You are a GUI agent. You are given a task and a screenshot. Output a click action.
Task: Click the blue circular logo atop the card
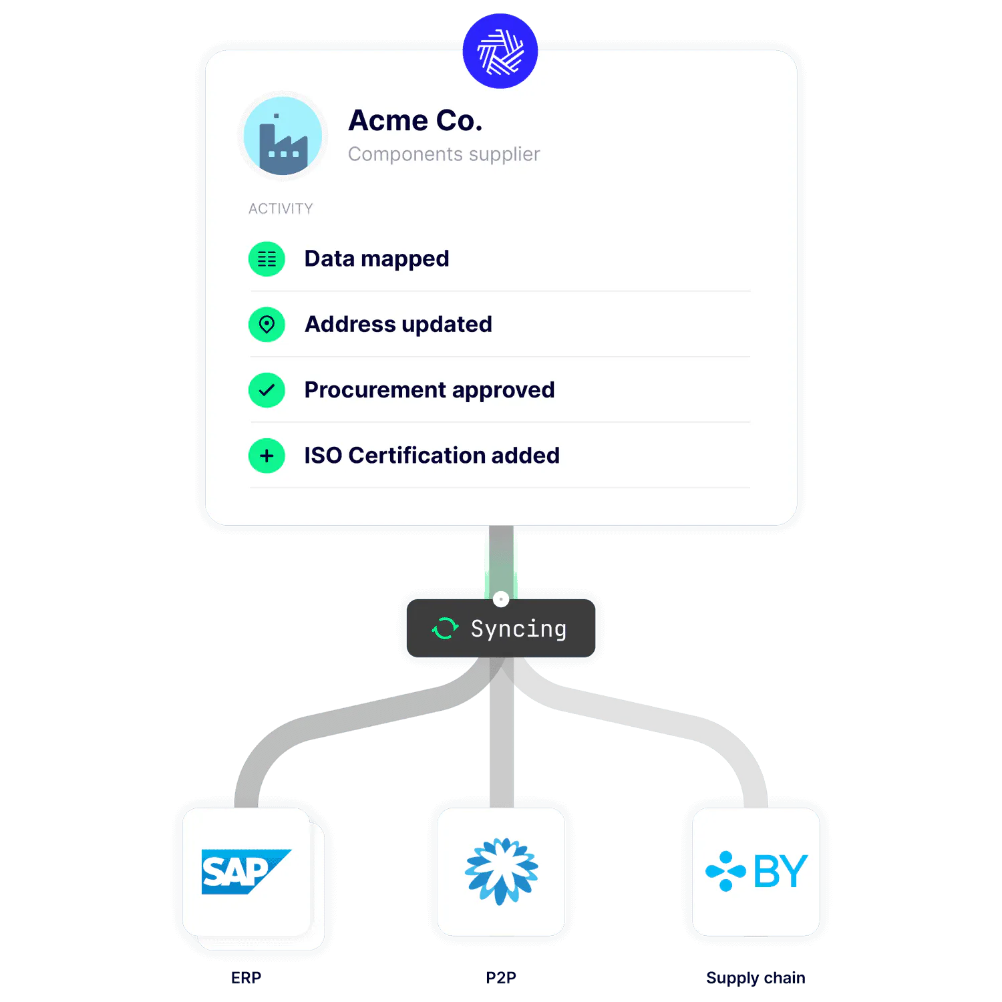pyautogui.click(x=500, y=51)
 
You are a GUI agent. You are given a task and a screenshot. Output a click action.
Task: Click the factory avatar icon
pyautogui.click(x=283, y=136)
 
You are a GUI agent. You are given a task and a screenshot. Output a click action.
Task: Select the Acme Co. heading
pyautogui.click(x=415, y=121)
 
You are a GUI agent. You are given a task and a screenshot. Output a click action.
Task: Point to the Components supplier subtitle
pyautogui.click(x=444, y=154)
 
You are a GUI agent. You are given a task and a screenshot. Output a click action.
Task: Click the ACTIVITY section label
pyautogui.click(x=281, y=209)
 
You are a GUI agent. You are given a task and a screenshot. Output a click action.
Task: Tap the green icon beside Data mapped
pyautogui.click(x=267, y=259)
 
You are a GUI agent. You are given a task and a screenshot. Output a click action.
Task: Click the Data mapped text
pyautogui.click(x=376, y=259)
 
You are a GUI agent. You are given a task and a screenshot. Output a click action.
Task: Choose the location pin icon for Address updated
pyautogui.click(x=267, y=325)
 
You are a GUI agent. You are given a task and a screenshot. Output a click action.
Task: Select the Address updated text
pyautogui.click(x=398, y=325)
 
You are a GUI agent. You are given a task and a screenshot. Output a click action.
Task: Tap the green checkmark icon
pyautogui.click(x=267, y=390)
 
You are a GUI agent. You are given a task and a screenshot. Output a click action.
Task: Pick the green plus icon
pyautogui.click(x=267, y=456)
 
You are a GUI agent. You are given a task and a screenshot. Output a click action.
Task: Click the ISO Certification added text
pyautogui.click(x=432, y=456)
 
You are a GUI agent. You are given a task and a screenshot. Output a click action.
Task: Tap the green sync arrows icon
pyautogui.click(x=445, y=629)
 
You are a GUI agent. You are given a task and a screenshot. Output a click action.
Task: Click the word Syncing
pyautogui.click(x=518, y=629)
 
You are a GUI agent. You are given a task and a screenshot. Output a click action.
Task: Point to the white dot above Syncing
pyautogui.click(x=501, y=599)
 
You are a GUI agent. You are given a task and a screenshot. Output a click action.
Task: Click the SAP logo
pyautogui.click(x=245, y=871)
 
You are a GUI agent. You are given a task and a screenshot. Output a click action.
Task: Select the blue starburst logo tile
pyautogui.click(x=501, y=871)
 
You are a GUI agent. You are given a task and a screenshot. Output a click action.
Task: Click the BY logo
pyautogui.click(x=756, y=871)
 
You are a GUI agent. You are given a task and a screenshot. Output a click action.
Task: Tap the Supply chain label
pyautogui.click(x=756, y=979)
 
